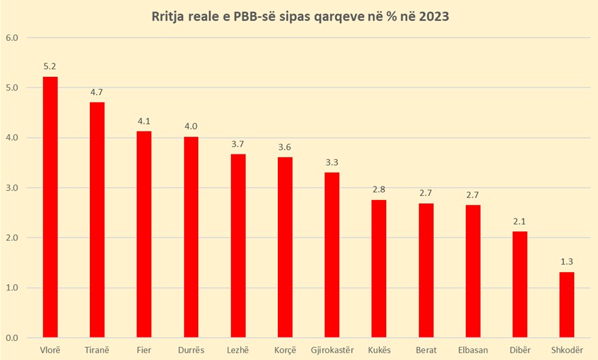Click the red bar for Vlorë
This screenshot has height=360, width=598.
coord(50,207)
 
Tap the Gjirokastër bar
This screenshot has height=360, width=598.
coord(332,255)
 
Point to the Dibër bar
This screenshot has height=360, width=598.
coord(519,284)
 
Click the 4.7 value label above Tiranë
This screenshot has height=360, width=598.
coord(97,91)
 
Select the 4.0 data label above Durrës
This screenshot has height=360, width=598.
coord(191,126)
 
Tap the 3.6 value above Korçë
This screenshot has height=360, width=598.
coord(285,146)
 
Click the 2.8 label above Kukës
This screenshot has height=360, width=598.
coord(379,189)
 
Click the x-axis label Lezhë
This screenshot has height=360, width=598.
coord(238,350)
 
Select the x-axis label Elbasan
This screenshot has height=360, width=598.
coord(473,350)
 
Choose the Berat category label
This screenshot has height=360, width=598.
coord(426,350)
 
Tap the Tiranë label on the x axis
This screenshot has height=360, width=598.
coord(97,350)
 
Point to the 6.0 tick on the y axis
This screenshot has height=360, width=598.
coord(12,38)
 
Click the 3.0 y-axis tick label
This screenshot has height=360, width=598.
coord(12,188)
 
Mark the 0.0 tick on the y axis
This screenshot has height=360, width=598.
coord(12,338)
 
